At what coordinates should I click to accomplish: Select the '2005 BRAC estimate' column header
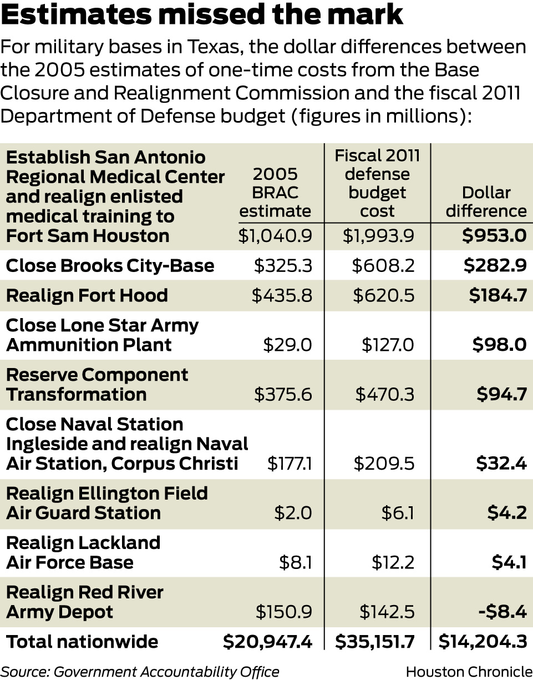pos(275,192)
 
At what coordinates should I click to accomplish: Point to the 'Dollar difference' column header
pos(486,202)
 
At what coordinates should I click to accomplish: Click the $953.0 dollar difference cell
pos(494,235)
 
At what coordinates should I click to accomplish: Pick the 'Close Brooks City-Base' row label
pos(110,265)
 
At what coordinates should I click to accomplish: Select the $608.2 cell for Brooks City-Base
pos(383,265)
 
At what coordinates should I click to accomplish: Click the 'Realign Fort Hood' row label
pos(87,295)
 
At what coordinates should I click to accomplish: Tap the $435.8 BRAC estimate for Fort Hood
pos(282,295)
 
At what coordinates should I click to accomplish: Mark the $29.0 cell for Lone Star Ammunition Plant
pos(287,345)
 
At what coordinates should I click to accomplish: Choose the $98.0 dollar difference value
pos(499,345)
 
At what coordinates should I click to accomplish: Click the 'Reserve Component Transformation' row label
pos(97,384)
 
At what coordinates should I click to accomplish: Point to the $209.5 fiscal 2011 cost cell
pos(383,463)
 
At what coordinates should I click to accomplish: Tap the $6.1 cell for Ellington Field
pos(398,512)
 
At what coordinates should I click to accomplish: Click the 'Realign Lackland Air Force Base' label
pos(83,552)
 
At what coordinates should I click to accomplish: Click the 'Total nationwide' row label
pos(82,642)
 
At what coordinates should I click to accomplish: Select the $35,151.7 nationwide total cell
pos(375,642)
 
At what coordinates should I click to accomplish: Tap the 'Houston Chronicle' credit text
pos(469,671)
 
